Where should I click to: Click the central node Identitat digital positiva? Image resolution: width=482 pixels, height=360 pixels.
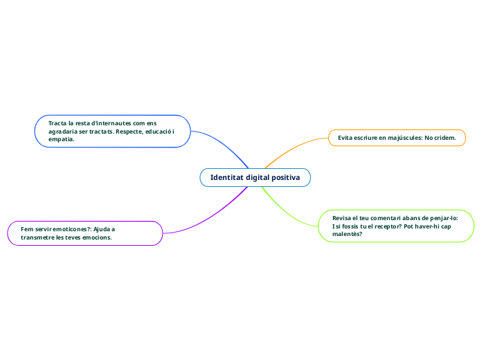click(x=255, y=178)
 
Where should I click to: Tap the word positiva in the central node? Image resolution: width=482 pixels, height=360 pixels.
click(x=285, y=178)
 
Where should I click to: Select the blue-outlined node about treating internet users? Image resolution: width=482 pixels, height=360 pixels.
click(x=112, y=131)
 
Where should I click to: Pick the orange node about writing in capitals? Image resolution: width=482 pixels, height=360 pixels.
click(x=397, y=138)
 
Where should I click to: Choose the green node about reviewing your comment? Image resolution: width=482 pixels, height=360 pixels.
click(x=397, y=226)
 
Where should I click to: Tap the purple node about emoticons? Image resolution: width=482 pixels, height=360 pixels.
click(x=84, y=233)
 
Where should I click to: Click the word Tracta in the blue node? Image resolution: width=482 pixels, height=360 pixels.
click(x=57, y=123)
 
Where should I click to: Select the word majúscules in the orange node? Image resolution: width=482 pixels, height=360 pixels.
click(x=402, y=138)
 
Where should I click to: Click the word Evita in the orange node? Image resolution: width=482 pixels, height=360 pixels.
click(x=346, y=138)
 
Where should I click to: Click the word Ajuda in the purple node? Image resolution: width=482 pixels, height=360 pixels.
click(x=105, y=228)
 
